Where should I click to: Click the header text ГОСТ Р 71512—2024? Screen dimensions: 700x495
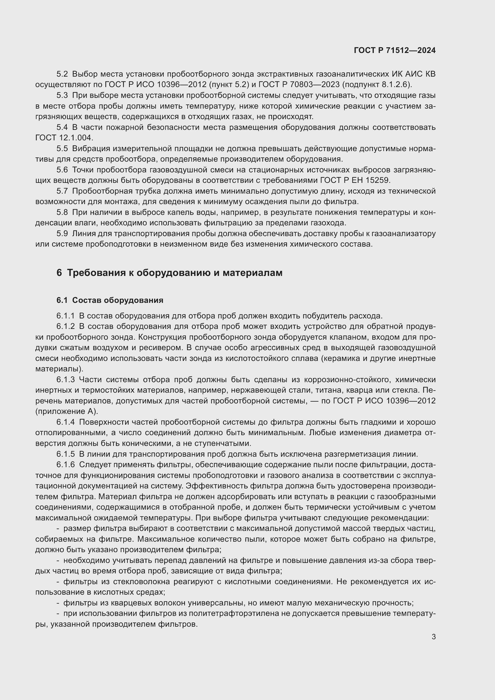394,50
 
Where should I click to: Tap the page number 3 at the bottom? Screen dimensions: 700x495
433,637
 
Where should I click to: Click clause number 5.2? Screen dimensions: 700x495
62,74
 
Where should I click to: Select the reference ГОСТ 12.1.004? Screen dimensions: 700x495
64,138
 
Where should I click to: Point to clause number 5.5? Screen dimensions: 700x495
62,148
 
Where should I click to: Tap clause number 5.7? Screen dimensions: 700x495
62,191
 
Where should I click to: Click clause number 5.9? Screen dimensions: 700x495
62,233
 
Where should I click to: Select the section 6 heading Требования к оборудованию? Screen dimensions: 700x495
169,273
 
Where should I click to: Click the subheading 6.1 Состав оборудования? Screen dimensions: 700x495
110,300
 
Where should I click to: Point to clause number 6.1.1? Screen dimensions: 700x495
66,316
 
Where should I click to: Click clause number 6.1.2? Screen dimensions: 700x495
66,327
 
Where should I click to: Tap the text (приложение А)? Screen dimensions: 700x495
67,411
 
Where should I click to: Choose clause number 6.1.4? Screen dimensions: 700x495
66,422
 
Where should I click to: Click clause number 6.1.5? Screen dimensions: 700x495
66,454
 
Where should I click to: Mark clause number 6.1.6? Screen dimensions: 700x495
66,465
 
